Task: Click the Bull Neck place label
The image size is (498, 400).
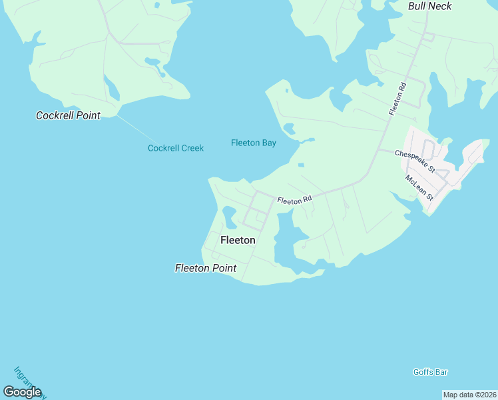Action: (429, 6)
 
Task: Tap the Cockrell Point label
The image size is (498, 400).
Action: (68, 115)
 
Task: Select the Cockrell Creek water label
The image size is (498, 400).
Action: (176, 148)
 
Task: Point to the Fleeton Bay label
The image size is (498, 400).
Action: (253, 143)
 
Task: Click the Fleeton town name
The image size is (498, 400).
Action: (237, 240)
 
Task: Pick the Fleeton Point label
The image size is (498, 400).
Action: (206, 268)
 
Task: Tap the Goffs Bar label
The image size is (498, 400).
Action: (430, 372)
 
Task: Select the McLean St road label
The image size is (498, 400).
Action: (419, 187)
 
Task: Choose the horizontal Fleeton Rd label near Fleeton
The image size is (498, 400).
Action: (294, 199)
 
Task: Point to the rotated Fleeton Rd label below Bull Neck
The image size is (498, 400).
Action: (397, 100)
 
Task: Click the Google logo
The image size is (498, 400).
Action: (22, 392)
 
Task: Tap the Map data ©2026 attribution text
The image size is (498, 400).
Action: (470, 395)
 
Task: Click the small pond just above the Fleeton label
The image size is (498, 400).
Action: (228, 215)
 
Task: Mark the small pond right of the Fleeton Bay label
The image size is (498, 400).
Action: (290, 128)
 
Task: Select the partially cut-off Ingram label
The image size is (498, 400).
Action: (28, 381)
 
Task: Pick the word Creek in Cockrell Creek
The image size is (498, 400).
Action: (191, 148)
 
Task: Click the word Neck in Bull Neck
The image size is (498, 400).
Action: (440, 6)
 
